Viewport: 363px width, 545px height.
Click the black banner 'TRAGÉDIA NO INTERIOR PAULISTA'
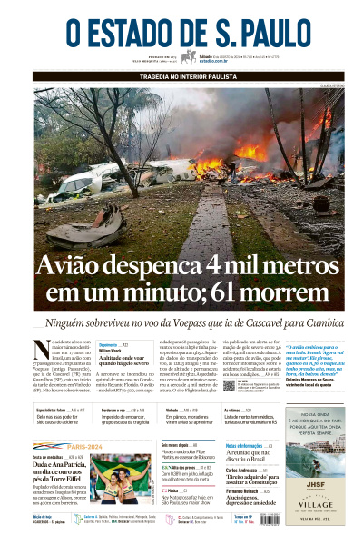[181, 77]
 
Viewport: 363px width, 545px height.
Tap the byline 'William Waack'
[112, 350]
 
